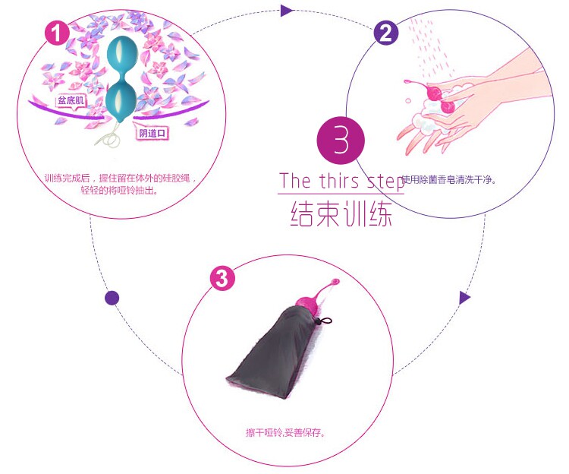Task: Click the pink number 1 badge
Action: point(58,33)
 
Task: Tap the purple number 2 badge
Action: point(385,33)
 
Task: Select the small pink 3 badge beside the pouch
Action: point(222,278)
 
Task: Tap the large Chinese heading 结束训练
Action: point(341,213)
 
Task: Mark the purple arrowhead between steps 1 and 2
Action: point(286,11)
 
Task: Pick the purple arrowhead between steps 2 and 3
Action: point(465,297)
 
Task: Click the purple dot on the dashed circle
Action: point(112,297)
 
